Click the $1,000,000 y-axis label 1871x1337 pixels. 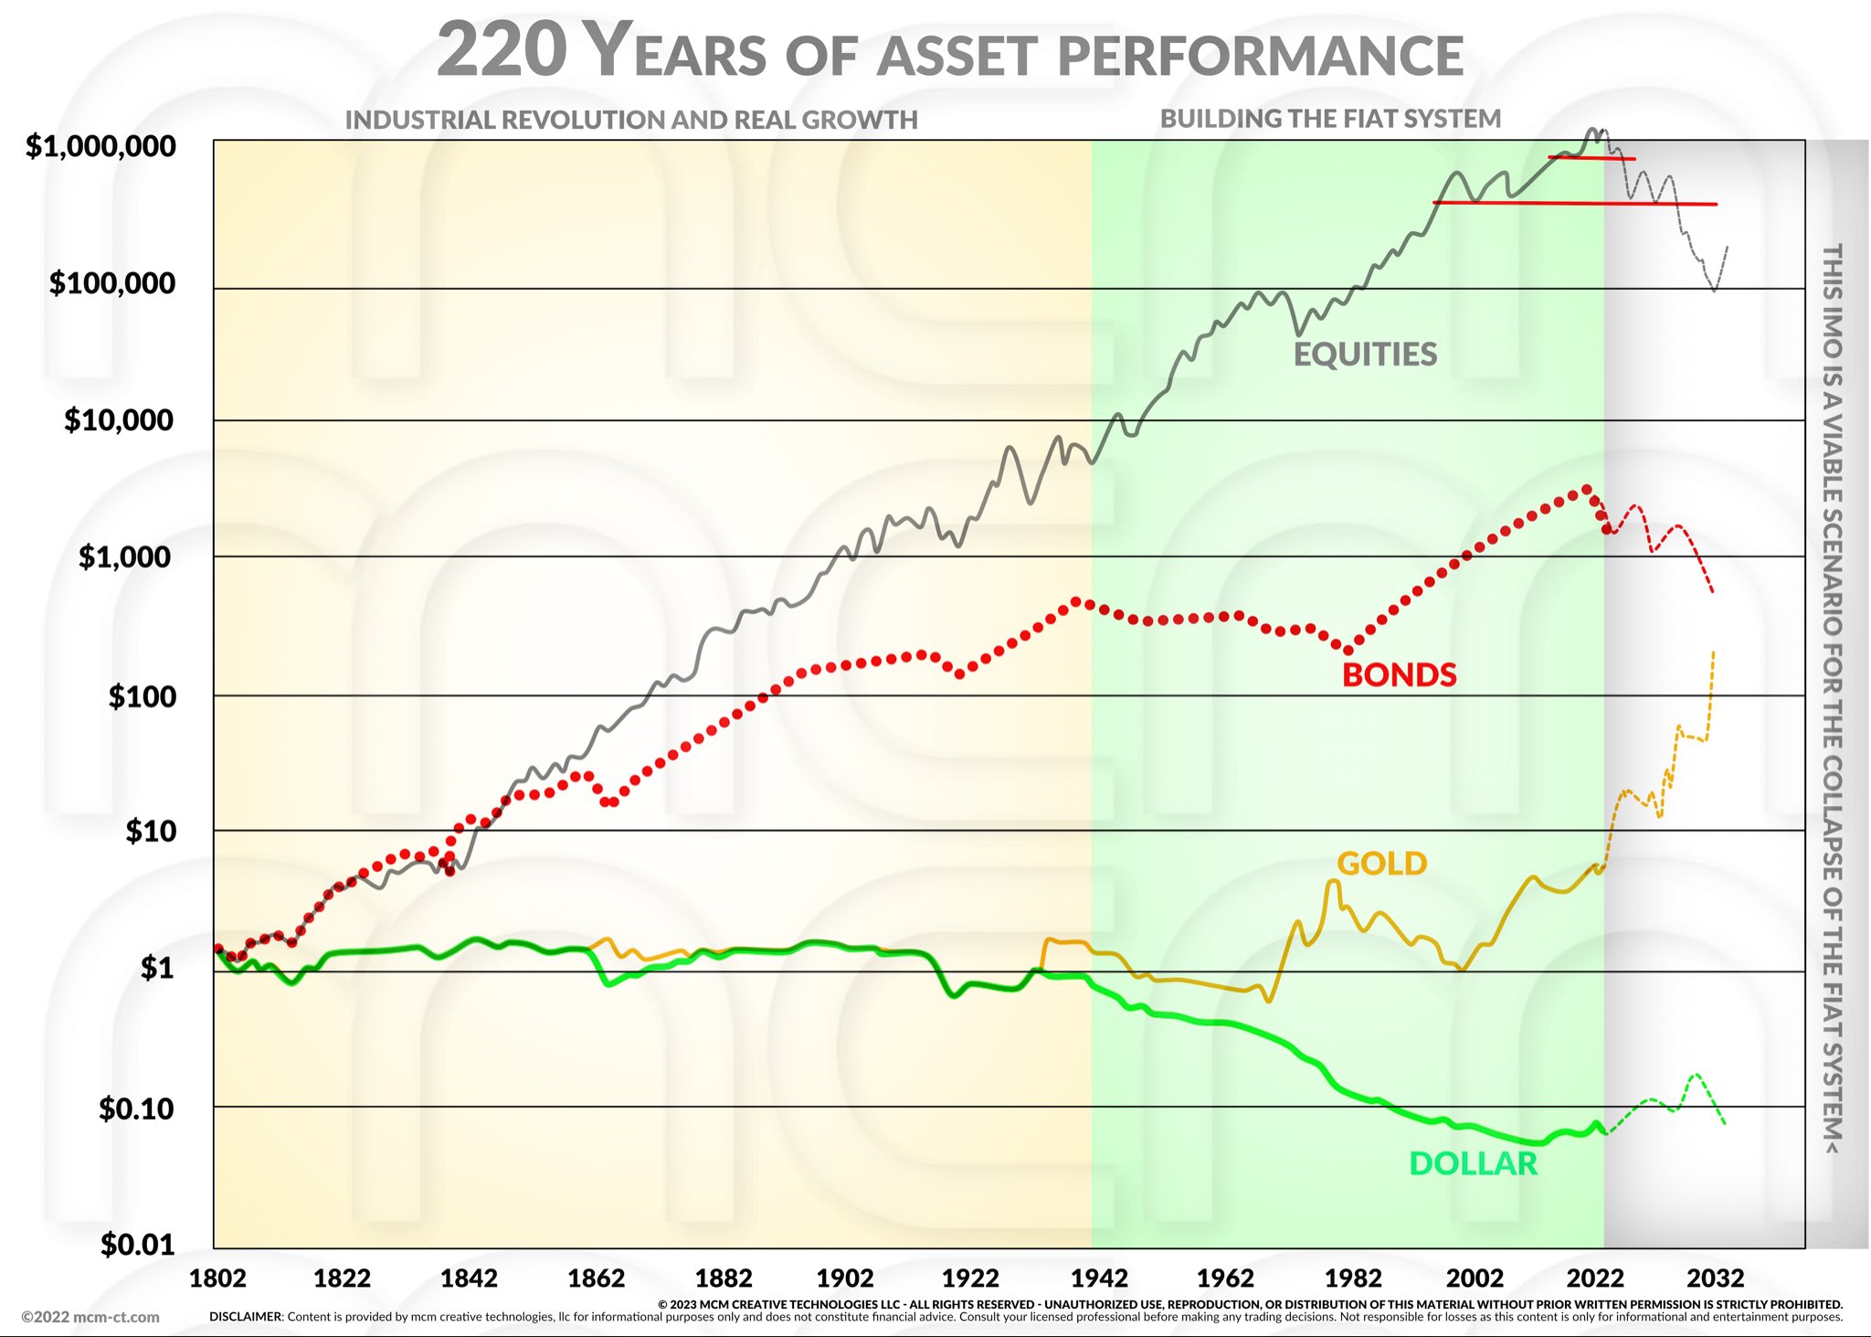(100, 146)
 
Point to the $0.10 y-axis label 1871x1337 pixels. (136, 1109)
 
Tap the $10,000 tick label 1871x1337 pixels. (118, 420)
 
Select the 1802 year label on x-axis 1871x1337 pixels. (217, 1278)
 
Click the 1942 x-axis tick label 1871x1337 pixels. (1099, 1278)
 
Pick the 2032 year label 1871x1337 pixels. (1715, 1278)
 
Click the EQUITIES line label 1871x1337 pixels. (1365, 355)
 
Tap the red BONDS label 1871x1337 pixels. (1399, 675)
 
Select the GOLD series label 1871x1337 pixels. (1381, 864)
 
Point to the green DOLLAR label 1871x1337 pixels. (1473, 1164)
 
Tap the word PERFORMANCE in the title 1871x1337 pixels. (1261, 56)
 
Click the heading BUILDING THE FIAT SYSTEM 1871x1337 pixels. (1330, 119)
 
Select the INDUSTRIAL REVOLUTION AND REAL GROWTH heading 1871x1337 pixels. (631, 120)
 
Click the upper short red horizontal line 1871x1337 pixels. (1591, 158)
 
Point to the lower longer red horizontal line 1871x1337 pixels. (1575, 203)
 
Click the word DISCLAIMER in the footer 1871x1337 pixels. (246, 1317)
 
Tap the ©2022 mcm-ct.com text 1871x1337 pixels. (90, 1317)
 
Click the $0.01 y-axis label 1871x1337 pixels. (137, 1245)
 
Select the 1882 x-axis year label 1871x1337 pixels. (723, 1278)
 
